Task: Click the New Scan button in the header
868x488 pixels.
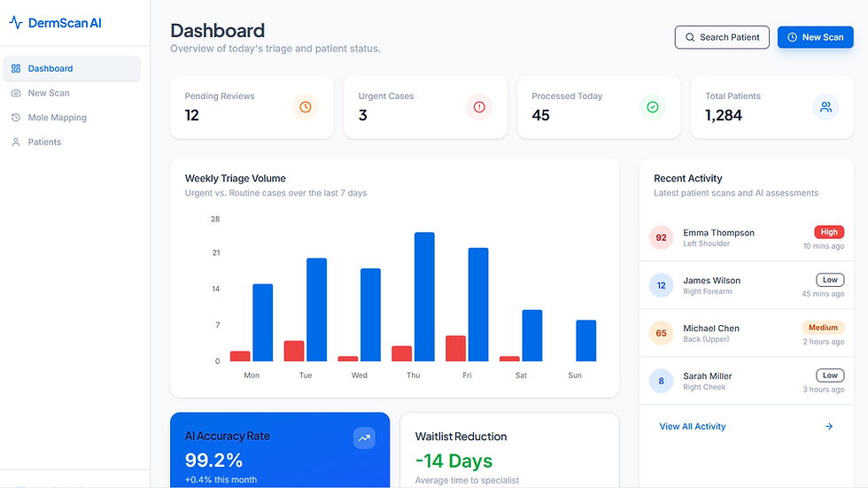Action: [816, 37]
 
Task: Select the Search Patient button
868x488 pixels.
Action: [722, 37]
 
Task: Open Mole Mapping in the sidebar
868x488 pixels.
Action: [57, 117]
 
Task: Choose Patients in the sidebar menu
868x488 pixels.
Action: [44, 142]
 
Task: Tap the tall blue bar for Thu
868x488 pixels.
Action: [424, 297]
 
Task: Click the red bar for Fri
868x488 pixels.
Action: [455, 349]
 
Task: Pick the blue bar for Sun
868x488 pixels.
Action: [586, 341]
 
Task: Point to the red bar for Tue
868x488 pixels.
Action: [294, 351]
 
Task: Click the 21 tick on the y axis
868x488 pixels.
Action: [216, 252]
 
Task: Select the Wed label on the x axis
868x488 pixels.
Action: [360, 376]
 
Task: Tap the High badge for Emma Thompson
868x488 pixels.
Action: [829, 232]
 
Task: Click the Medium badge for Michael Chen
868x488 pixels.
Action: [823, 328]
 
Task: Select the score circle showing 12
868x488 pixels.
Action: [661, 285]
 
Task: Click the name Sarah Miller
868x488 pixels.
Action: [708, 376]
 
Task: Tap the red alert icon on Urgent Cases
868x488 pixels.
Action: [479, 107]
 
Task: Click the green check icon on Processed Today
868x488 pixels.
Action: [653, 107]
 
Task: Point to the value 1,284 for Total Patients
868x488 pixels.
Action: [724, 115]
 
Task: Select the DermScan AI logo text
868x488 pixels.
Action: [65, 23]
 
